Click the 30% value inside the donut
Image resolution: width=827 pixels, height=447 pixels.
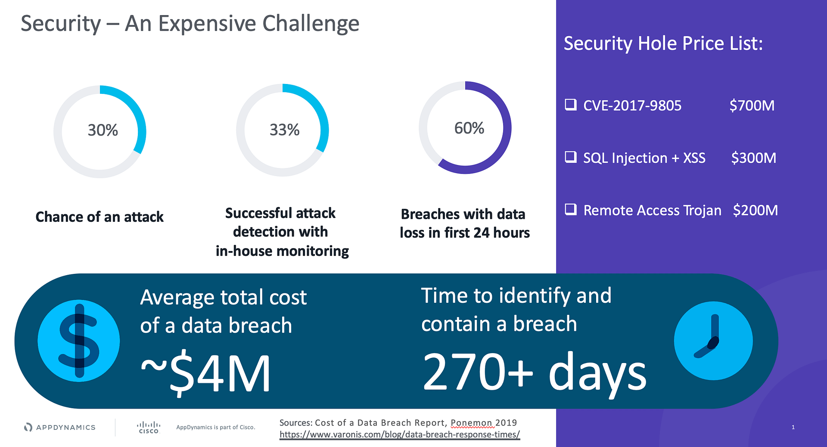[103, 130]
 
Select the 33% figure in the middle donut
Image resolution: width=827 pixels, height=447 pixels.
[285, 130]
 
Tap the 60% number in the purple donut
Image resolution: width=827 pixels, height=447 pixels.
[469, 128]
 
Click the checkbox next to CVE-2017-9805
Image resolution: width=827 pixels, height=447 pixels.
[571, 105]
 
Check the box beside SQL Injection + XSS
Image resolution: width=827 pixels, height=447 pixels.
[571, 157]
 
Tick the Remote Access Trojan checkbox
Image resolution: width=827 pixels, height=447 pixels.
[571, 209]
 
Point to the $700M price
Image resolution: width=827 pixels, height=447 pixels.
[752, 106]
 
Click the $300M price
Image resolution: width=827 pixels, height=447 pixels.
[754, 158]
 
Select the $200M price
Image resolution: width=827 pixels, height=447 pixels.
[755, 210]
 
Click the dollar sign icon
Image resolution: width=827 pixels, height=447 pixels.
[79, 341]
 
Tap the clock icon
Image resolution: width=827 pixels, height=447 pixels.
[713, 341]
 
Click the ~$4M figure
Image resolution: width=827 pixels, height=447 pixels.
[206, 373]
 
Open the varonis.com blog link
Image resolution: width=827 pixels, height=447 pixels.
[400, 435]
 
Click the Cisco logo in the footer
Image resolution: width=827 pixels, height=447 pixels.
[149, 428]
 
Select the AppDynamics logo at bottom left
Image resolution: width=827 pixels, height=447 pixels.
[59, 427]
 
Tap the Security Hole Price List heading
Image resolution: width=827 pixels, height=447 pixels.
[663, 43]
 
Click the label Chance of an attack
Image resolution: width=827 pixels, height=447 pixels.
[99, 217]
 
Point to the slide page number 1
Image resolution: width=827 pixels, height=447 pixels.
[793, 427]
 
